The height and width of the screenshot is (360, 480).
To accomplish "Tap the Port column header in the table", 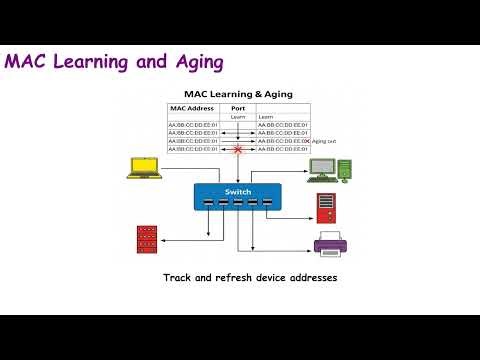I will pyautogui.click(x=238, y=108).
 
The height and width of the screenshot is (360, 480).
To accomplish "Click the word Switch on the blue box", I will pyautogui.click(x=238, y=190).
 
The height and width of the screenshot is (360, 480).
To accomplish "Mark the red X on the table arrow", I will pyautogui.click(x=238, y=149).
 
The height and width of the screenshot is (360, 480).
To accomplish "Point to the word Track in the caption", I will pyautogui.click(x=177, y=276).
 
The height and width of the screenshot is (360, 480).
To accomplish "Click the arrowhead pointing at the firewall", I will pyautogui.click(x=165, y=238).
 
